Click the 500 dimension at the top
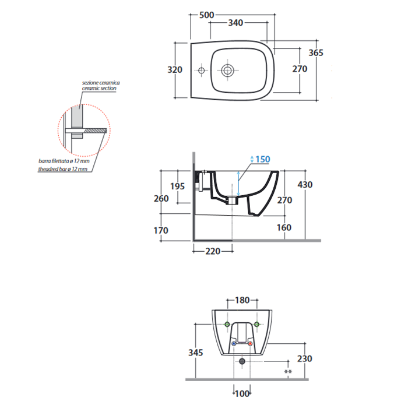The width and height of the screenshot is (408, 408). click(x=206, y=15)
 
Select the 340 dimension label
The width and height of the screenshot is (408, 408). click(x=235, y=23)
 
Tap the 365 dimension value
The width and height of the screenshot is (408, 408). click(x=316, y=53)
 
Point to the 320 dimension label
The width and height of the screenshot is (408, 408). click(x=175, y=70)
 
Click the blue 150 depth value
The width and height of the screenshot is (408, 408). click(x=263, y=159)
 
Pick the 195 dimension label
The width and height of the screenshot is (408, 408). click(x=177, y=187)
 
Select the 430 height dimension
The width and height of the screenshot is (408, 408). click(x=305, y=185)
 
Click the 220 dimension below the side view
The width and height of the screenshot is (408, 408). click(x=213, y=251)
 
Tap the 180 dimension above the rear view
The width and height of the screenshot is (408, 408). click(x=242, y=300)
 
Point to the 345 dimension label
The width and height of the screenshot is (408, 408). click(x=196, y=353)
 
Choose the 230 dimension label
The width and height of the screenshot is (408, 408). click(x=304, y=359)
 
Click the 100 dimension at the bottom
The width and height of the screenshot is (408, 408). click(x=242, y=393)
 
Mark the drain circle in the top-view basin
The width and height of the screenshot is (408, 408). click(x=228, y=71)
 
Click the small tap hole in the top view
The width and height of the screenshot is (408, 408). click(x=201, y=71)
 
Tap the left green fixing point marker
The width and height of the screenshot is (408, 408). click(x=227, y=324)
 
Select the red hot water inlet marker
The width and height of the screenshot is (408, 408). click(x=250, y=344)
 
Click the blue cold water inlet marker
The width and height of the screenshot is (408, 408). click(x=234, y=344)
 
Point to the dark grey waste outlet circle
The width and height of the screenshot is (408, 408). click(x=242, y=361)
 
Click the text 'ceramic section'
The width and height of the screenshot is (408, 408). click(x=99, y=89)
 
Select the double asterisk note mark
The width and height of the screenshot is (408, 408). click(x=288, y=372)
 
